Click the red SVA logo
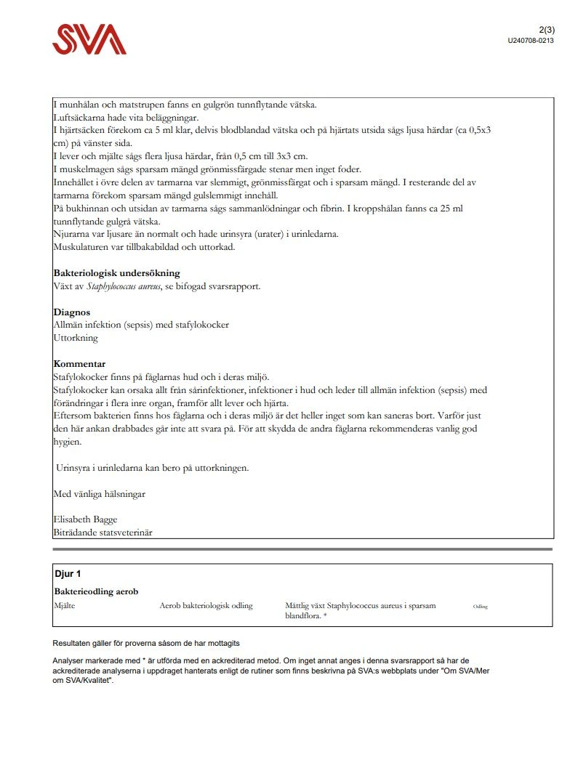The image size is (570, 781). click(x=89, y=39)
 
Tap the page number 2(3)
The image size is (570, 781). click(x=547, y=30)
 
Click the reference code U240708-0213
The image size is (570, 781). click(x=531, y=41)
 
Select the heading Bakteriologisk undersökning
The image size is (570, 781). click(x=116, y=273)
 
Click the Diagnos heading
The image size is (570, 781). click(x=72, y=312)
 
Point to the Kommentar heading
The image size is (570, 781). click(x=79, y=364)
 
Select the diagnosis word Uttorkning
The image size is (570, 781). click(x=76, y=338)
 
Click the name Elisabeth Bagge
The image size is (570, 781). click(x=85, y=519)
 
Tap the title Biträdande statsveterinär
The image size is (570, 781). click(x=103, y=533)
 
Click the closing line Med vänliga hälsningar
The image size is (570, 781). click(x=99, y=494)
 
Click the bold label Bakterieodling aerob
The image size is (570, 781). click(x=96, y=591)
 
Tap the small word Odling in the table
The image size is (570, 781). click(x=480, y=607)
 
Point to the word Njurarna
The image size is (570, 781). click(x=72, y=235)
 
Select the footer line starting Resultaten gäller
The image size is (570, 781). click(x=146, y=644)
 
